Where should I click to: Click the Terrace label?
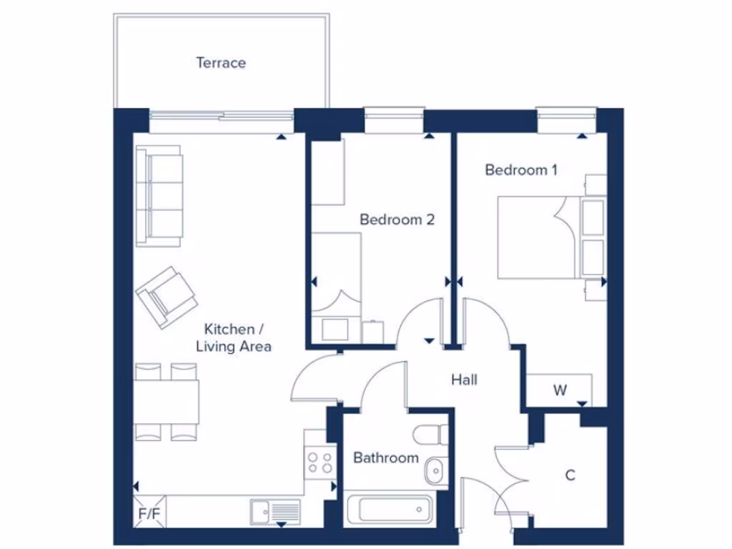click(221, 63)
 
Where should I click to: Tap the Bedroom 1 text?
click(520, 170)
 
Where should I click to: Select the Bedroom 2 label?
click(397, 219)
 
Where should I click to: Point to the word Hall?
click(464, 380)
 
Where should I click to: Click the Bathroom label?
click(386, 457)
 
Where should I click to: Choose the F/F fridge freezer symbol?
click(149, 513)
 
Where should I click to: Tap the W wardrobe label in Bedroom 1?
click(560, 390)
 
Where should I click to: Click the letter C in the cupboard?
click(570, 475)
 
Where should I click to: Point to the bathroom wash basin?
click(433, 471)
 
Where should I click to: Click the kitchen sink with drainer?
click(275, 511)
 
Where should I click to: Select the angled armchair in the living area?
click(167, 297)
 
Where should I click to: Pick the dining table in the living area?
click(166, 402)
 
